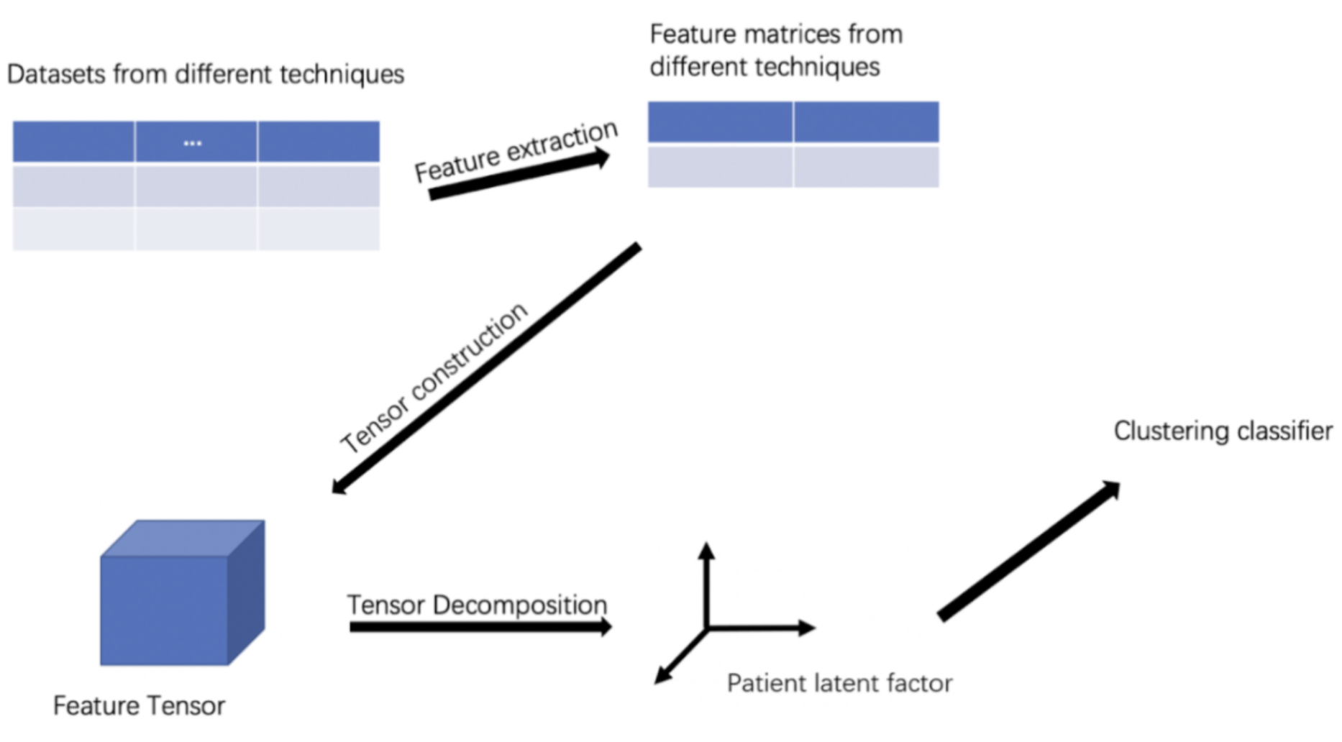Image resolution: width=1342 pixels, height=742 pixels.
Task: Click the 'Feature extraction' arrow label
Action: click(x=515, y=151)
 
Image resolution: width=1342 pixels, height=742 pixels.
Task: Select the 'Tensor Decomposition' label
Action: click(x=477, y=605)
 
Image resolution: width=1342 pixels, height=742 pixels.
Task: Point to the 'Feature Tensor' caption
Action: click(x=139, y=706)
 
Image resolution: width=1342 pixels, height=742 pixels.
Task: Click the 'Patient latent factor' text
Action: click(x=839, y=683)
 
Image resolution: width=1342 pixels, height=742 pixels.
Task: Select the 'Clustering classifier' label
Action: click(x=1223, y=431)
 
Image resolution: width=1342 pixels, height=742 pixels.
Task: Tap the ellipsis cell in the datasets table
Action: click(x=193, y=142)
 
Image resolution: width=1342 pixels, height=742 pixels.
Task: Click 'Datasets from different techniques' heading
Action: click(x=206, y=74)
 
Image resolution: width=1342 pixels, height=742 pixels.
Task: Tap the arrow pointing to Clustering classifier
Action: click(x=1028, y=551)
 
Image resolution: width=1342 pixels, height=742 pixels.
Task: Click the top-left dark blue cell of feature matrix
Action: click(x=720, y=122)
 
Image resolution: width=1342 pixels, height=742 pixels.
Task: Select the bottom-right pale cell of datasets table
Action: click(x=319, y=229)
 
